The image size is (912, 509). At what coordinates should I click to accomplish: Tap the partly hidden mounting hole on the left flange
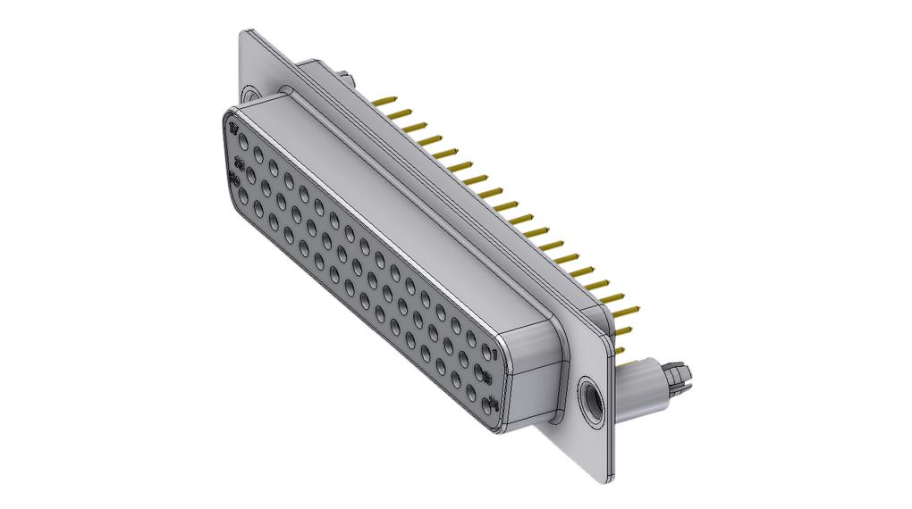click(x=249, y=93)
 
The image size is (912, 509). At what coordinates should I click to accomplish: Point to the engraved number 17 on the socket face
click(x=233, y=130)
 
